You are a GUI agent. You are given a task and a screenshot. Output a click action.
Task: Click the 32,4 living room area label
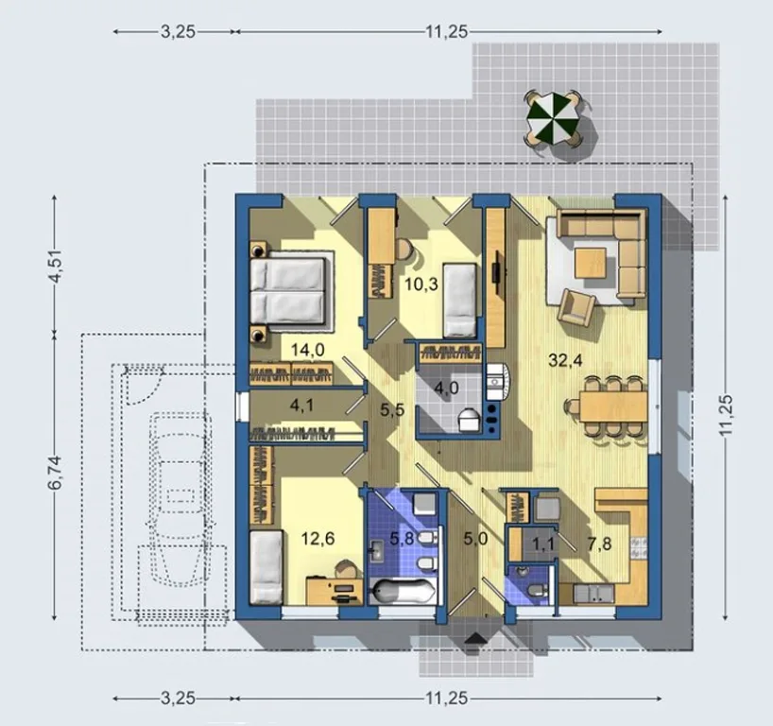(x=565, y=360)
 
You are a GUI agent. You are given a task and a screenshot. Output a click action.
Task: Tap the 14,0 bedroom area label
(x=307, y=350)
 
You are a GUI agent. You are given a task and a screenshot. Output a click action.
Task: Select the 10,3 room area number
(x=421, y=285)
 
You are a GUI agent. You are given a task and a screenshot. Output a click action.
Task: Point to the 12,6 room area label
(x=318, y=539)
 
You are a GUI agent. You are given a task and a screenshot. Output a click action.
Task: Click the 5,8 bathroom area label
(x=402, y=539)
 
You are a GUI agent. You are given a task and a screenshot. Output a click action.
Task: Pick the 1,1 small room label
(x=543, y=544)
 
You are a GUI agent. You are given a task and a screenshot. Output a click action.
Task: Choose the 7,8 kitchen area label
(x=599, y=544)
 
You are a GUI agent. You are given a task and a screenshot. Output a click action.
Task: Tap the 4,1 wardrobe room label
(x=301, y=406)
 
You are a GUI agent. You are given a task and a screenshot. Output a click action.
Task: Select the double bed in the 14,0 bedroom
(x=288, y=291)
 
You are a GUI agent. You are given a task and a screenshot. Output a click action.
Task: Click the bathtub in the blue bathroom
(x=403, y=591)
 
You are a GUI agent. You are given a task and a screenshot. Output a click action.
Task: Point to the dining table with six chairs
(x=612, y=406)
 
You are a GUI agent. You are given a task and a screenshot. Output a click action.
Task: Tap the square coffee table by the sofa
(x=591, y=263)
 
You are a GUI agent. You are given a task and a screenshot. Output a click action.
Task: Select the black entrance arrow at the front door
(x=476, y=639)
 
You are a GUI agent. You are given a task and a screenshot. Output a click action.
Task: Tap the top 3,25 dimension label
(x=178, y=32)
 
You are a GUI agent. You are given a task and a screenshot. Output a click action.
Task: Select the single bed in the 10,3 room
(x=459, y=300)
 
